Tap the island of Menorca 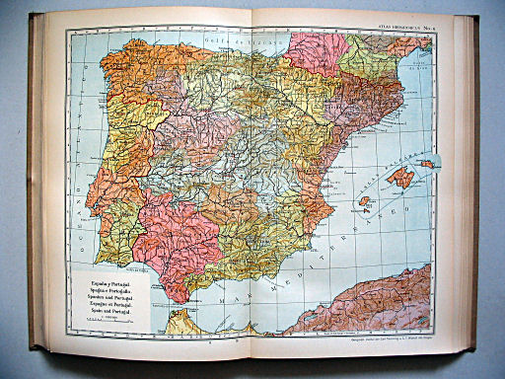pos(427,164)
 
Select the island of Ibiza pos(364,200)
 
